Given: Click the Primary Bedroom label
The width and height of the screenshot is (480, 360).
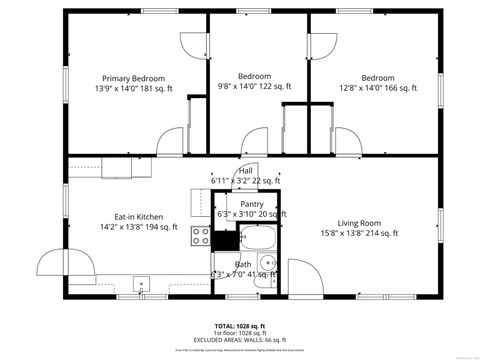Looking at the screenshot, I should coord(134,78).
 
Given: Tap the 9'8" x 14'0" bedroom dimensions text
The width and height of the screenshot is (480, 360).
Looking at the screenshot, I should coord(255,87).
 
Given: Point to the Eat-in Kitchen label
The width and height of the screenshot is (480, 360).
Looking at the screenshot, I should coord(138,216).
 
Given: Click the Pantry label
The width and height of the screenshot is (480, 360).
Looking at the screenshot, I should coord(251,203).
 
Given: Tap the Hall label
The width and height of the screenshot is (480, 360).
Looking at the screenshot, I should coord(245,171).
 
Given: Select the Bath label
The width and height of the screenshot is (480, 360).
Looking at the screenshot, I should coord(243,264).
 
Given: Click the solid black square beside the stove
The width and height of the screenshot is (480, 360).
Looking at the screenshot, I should coord(226,239).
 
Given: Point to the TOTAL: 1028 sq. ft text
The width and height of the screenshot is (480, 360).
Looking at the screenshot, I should coord(240,326).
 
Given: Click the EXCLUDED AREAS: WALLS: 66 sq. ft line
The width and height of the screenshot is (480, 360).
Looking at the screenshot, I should coord(240,340).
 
